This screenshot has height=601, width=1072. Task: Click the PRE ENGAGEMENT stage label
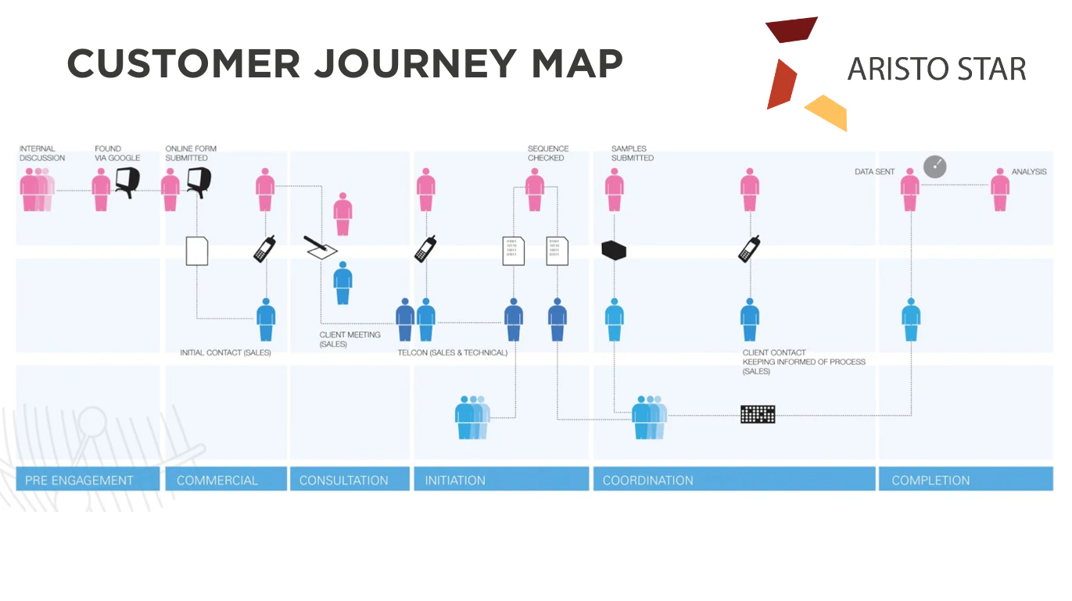(x=79, y=480)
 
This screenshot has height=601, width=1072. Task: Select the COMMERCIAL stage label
(x=217, y=480)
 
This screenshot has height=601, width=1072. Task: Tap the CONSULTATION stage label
(x=343, y=480)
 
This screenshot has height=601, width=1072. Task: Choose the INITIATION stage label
(x=455, y=480)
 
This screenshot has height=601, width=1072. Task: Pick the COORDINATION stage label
(x=647, y=480)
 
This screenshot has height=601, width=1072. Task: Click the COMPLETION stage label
(x=930, y=480)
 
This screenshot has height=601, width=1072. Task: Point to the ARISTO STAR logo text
(x=937, y=70)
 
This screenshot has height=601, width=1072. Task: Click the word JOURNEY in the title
(x=414, y=63)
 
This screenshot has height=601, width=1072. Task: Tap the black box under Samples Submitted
(x=614, y=250)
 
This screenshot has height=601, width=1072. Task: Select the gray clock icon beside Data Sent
(x=934, y=166)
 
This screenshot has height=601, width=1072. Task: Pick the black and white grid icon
(x=757, y=414)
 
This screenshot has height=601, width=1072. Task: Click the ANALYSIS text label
(x=1029, y=172)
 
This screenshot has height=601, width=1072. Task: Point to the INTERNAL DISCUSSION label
(x=42, y=153)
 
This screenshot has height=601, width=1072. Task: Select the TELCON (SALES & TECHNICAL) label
(x=452, y=352)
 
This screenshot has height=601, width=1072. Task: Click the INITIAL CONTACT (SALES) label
(x=225, y=352)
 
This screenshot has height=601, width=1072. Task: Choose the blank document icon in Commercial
(x=197, y=251)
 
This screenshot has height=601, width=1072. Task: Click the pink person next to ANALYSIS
(x=1000, y=189)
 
